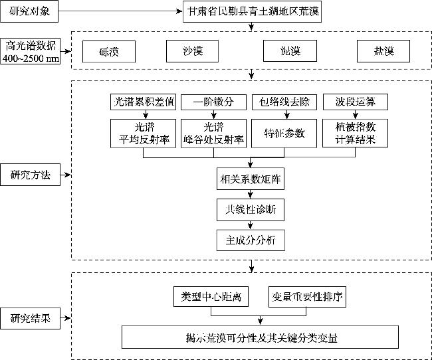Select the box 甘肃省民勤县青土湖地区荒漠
(x=252, y=11)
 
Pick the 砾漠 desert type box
(x=109, y=51)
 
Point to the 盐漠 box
(x=383, y=51)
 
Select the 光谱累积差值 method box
(x=144, y=102)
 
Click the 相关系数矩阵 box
(x=250, y=179)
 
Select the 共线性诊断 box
(x=250, y=209)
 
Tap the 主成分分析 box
(x=250, y=240)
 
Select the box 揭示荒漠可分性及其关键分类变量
(x=260, y=337)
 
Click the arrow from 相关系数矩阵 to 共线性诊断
(x=250, y=194)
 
